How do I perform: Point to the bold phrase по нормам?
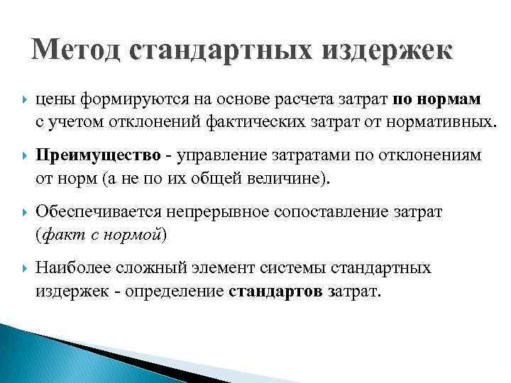436,99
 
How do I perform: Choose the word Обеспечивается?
94,212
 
